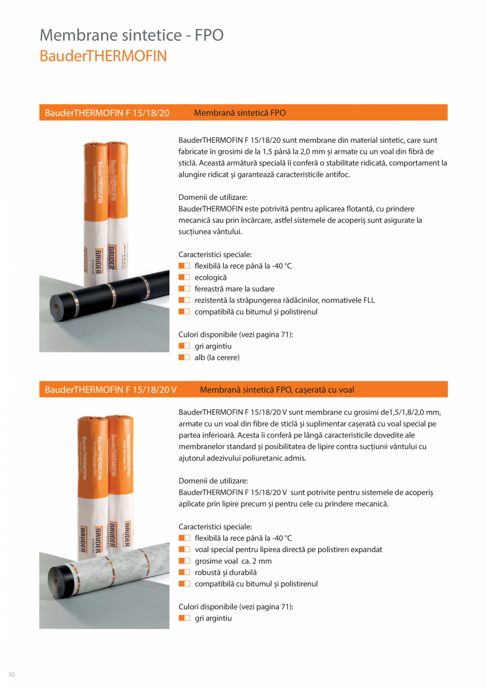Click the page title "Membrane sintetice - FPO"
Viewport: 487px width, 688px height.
coord(132,35)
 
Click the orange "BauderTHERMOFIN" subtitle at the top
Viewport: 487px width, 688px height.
coord(103,56)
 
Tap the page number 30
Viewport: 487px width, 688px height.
coord(12,674)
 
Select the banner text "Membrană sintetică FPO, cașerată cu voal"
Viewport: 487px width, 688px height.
coord(277,390)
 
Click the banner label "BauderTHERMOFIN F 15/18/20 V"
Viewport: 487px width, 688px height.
coord(111,390)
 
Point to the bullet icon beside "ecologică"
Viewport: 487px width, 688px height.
coord(184,277)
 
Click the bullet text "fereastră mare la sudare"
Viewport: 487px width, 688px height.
coord(235,289)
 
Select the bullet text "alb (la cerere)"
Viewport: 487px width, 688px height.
coord(217,357)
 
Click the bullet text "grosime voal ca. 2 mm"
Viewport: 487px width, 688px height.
coord(233,561)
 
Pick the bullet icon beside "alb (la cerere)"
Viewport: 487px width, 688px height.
coord(184,357)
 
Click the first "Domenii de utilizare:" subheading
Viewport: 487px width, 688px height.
coord(213,197)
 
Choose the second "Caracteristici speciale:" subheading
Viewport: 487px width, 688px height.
coord(215,527)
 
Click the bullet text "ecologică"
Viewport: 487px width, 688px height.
coord(211,277)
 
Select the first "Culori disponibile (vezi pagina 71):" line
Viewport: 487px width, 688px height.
coord(236,335)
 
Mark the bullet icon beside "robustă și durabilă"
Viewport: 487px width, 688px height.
coord(184,572)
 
